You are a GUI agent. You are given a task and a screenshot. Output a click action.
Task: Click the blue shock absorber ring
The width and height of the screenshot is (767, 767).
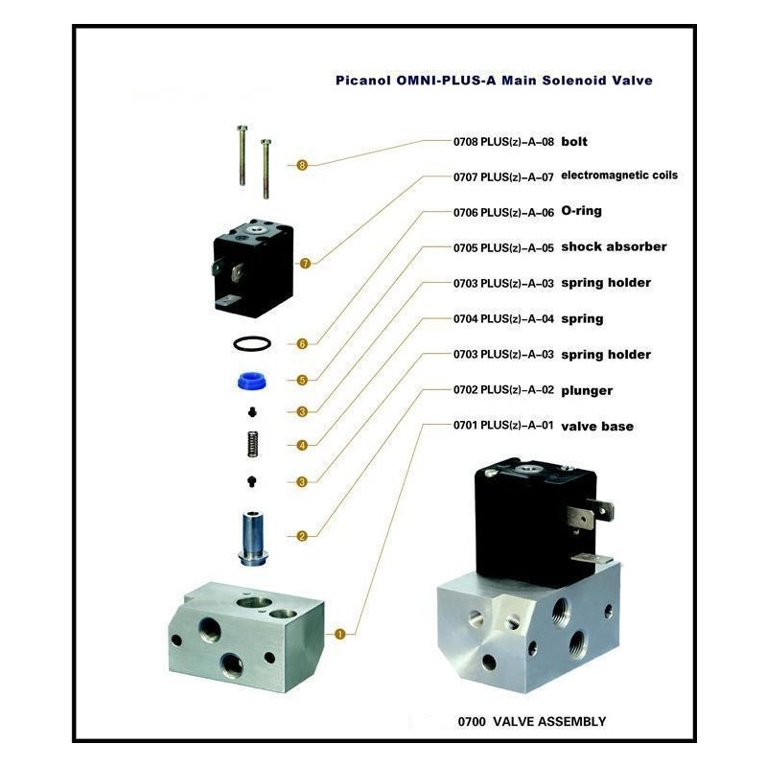252,381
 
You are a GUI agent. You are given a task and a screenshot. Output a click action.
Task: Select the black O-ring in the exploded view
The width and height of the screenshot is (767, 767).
252,344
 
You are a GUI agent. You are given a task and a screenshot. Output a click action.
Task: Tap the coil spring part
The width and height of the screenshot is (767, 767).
252,444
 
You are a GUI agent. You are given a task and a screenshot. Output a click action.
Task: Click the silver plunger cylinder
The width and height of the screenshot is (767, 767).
252,539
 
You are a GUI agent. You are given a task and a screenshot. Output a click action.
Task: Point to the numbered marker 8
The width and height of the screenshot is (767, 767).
302,165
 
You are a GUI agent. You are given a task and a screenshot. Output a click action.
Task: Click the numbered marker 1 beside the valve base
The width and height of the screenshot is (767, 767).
340,635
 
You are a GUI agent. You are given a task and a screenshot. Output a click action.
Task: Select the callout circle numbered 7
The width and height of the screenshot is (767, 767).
305,264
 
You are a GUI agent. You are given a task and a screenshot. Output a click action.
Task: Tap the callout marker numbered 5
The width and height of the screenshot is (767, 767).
302,380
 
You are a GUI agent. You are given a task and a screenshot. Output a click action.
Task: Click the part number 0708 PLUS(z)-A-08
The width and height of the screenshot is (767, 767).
503,142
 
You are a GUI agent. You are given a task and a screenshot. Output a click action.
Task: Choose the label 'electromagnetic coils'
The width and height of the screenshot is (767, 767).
619,175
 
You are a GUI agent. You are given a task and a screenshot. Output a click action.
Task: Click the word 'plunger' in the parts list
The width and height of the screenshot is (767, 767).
587,391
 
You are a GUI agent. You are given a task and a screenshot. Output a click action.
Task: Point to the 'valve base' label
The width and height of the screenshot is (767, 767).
597,426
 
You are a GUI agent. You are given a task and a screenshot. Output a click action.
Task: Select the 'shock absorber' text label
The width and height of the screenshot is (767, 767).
614,246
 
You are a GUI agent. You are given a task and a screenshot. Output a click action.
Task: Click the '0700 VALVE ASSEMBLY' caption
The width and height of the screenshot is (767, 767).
532,722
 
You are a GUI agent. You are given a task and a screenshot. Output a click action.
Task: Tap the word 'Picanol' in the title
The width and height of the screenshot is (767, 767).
363,81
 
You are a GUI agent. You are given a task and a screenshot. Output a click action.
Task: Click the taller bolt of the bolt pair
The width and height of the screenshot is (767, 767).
243,155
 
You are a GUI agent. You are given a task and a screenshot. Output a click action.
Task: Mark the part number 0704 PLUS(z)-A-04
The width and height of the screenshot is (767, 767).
503,319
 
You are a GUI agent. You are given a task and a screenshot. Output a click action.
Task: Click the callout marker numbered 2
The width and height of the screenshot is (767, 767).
302,536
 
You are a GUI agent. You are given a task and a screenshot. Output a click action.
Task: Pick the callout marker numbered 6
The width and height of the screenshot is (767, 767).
302,344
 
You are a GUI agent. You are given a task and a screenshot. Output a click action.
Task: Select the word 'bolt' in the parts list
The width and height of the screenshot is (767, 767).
574,142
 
